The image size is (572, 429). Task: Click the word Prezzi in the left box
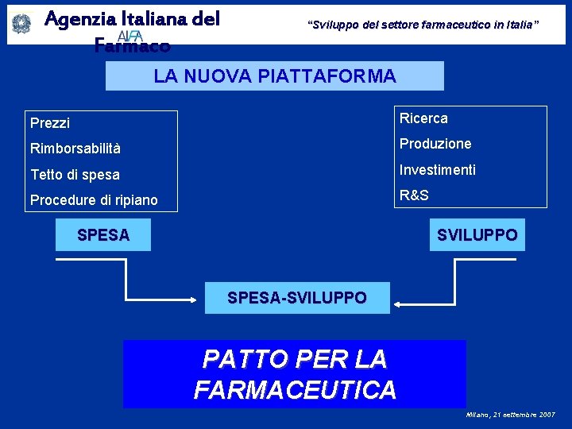(x=50, y=123)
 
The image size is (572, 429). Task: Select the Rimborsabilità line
(x=75, y=149)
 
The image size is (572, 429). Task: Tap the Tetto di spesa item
(x=75, y=175)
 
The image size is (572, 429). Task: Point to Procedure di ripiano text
(x=94, y=200)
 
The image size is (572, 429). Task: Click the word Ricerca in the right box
(x=423, y=118)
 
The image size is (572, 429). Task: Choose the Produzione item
(x=435, y=144)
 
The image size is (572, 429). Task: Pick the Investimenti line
(x=438, y=169)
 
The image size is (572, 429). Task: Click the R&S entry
(x=414, y=195)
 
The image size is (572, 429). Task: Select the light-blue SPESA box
(x=103, y=235)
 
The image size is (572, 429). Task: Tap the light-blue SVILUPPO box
(x=477, y=235)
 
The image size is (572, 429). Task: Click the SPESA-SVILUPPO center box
(x=297, y=298)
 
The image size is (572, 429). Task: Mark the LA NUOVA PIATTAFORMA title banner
(x=275, y=76)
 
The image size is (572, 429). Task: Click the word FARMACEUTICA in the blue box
(x=295, y=390)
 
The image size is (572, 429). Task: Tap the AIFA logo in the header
(x=129, y=36)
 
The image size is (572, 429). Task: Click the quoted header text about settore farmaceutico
(x=423, y=25)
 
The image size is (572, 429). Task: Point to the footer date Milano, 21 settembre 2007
(x=511, y=415)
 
